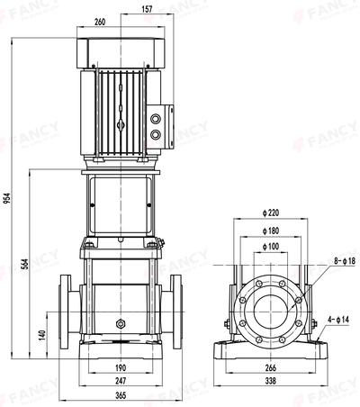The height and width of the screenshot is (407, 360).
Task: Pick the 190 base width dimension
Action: [x=120, y=369]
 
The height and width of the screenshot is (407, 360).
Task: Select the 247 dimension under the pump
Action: [x=120, y=382]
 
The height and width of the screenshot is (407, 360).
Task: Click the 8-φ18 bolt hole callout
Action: [x=345, y=261]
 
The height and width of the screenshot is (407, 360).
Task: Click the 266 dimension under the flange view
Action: [x=271, y=369]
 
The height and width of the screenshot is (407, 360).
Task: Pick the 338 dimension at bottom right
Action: [x=271, y=382]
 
